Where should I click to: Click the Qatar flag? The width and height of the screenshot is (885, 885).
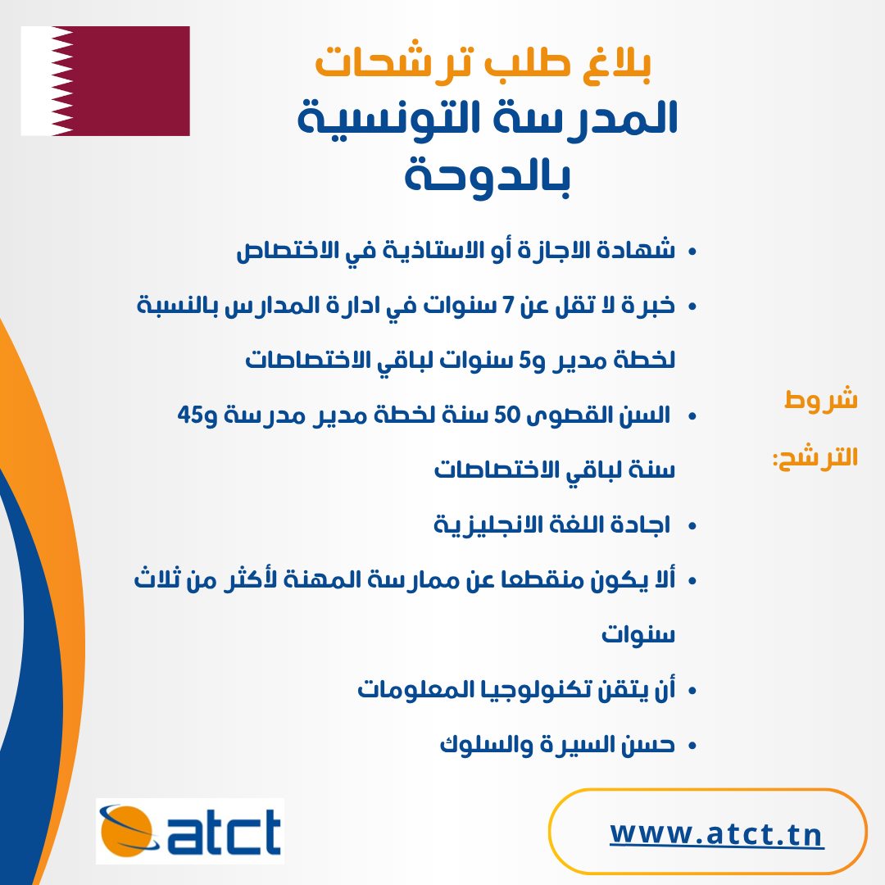click(105, 80)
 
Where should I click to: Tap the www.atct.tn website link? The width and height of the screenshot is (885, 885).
click(716, 833)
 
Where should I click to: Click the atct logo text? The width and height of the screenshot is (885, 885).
click(224, 831)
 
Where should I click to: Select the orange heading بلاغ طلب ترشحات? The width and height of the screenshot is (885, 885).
click(483, 62)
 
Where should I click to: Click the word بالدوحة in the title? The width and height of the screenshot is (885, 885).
click(487, 175)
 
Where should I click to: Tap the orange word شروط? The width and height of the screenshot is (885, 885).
click(820, 399)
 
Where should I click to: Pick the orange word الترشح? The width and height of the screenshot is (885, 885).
click(815, 456)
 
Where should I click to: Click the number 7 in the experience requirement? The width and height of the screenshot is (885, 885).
click(508, 306)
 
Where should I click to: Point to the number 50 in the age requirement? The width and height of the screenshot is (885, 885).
click(506, 415)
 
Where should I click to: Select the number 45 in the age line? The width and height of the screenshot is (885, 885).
click(189, 415)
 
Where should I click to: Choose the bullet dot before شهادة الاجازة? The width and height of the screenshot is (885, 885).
click(692, 252)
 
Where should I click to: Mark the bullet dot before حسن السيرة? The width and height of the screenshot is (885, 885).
click(692, 747)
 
